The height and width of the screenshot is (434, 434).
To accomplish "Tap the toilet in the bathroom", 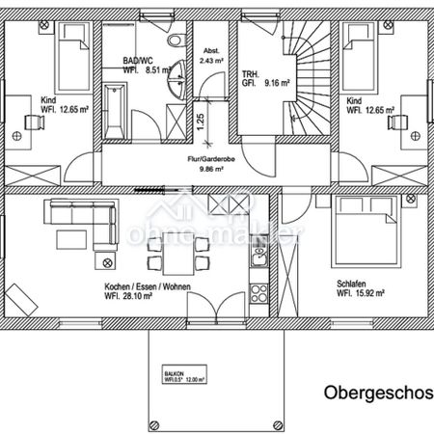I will (173, 42).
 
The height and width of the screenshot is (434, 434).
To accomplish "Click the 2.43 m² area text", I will (211, 60).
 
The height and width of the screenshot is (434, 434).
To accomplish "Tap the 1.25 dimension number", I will (200, 122).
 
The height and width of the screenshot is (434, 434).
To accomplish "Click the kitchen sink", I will (259, 253).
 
